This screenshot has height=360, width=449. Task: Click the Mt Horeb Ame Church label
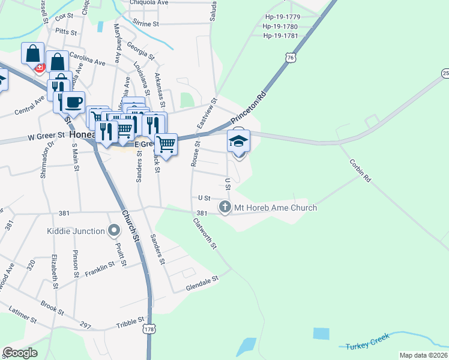tap(275, 208)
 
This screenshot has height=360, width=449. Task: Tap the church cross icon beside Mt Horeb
tap(225, 208)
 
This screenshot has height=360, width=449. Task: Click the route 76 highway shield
tap(291, 58)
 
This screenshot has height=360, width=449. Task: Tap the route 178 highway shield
tap(148, 329)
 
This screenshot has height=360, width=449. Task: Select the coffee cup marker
tap(74, 103)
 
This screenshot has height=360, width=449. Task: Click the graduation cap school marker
tap(238, 142)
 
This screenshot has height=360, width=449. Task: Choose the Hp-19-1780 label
tap(280, 26)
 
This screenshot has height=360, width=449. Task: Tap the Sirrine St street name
tap(146, 24)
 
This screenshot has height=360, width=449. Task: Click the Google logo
tap(20, 352)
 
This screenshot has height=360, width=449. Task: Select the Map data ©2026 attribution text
tap(423, 355)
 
